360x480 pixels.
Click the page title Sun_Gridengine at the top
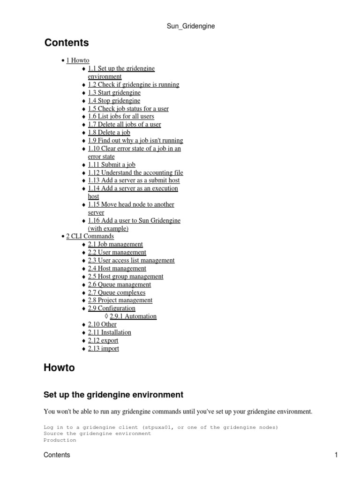click(x=190, y=26)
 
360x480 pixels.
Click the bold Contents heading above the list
click(x=67, y=43)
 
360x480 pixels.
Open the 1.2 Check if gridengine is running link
click(x=134, y=85)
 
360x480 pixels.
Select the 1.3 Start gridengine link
click(x=114, y=93)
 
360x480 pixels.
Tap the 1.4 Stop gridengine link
click(x=114, y=101)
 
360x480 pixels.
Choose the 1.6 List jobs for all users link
click(x=121, y=116)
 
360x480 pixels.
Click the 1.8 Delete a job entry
click(x=109, y=133)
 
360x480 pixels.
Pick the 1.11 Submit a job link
click(x=112, y=165)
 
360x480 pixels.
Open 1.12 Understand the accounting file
click(x=135, y=172)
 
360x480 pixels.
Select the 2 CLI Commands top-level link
click(x=90, y=236)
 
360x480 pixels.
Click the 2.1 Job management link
click(x=115, y=244)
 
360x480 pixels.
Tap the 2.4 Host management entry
click(x=117, y=269)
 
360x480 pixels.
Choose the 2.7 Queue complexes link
click(x=117, y=292)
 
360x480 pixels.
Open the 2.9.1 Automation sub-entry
click(x=133, y=316)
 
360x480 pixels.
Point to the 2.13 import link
click(x=104, y=349)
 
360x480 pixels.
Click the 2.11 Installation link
click(x=110, y=332)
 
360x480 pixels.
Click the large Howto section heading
click(x=59, y=368)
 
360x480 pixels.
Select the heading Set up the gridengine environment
click(x=113, y=395)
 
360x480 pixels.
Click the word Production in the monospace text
click(x=60, y=440)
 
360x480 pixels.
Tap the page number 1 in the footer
click(x=336, y=455)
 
